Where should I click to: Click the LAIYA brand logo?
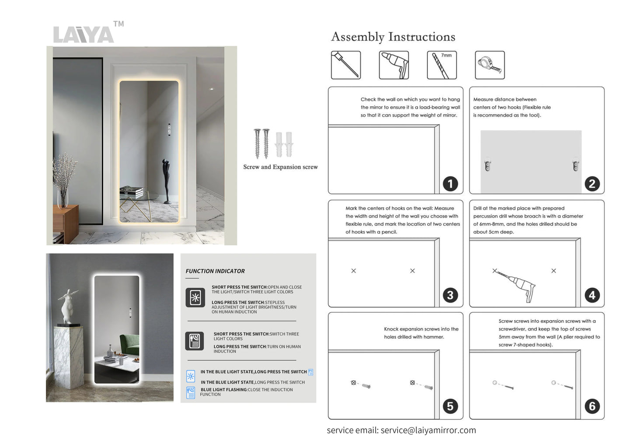84,34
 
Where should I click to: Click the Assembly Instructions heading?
393,37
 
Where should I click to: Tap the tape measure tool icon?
489,65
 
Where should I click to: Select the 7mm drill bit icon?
441,65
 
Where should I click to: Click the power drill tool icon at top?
394,65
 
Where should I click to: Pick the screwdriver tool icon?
346,65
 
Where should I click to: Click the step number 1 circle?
450,184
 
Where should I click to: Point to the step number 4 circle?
592,295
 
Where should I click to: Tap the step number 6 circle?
592,406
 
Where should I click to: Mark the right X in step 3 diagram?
412,271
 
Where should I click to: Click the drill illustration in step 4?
518,286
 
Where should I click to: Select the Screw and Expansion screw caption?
280,167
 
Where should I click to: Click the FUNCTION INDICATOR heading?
215,271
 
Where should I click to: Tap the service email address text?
428,430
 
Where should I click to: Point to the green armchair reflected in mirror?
129,345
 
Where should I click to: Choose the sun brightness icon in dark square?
195,298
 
